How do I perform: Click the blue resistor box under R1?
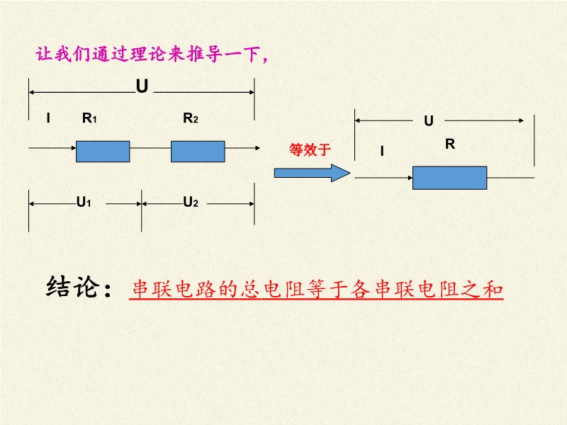pos(103,152)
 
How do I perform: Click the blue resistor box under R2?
pos(198,152)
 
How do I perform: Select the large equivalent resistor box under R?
pos(449,178)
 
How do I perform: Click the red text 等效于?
pos(310,149)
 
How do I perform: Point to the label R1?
pos(89,118)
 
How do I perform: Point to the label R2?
pos(191,118)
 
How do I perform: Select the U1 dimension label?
pos(84,203)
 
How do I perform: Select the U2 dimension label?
pos(191,203)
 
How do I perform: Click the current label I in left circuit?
pos(48,118)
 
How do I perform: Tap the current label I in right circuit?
pos(382,151)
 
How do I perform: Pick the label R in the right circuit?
pos(449,144)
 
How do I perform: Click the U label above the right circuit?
pos(428,121)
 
